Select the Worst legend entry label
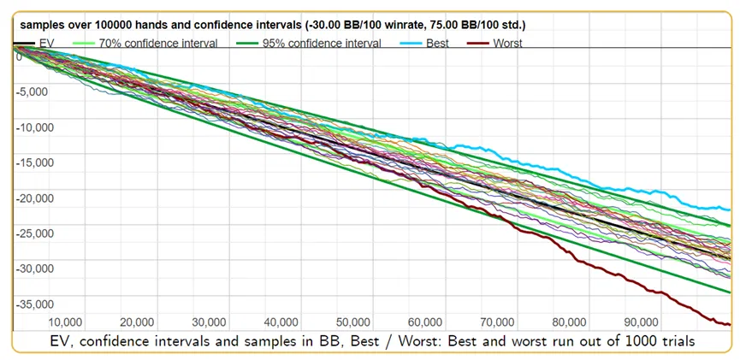pyautogui.click(x=507, y=44)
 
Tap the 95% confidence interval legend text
pyautogui.click(x=322, y=44)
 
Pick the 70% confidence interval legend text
pyautogui.click(x=158, y=44)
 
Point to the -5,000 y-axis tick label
pyautogui.click(x=33, y=91)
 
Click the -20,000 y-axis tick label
pyautogui.click(x=35, y=198)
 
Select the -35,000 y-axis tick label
pyautogui.click(x=35, y=304)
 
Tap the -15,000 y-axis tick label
pyautogui.click(x=35, y=162)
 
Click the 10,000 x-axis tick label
pyautogui.click(x=65, y=322)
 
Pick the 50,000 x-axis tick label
pyautogui.click(x=353, y=322)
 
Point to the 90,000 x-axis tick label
pyautogui.click(x=641, y=322)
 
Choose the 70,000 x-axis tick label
pyautogui.click(x=497, y=322)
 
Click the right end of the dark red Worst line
pyautogui.click(x=730, y=324)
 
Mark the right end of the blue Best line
pyautogui.click(x=730, y=210)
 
